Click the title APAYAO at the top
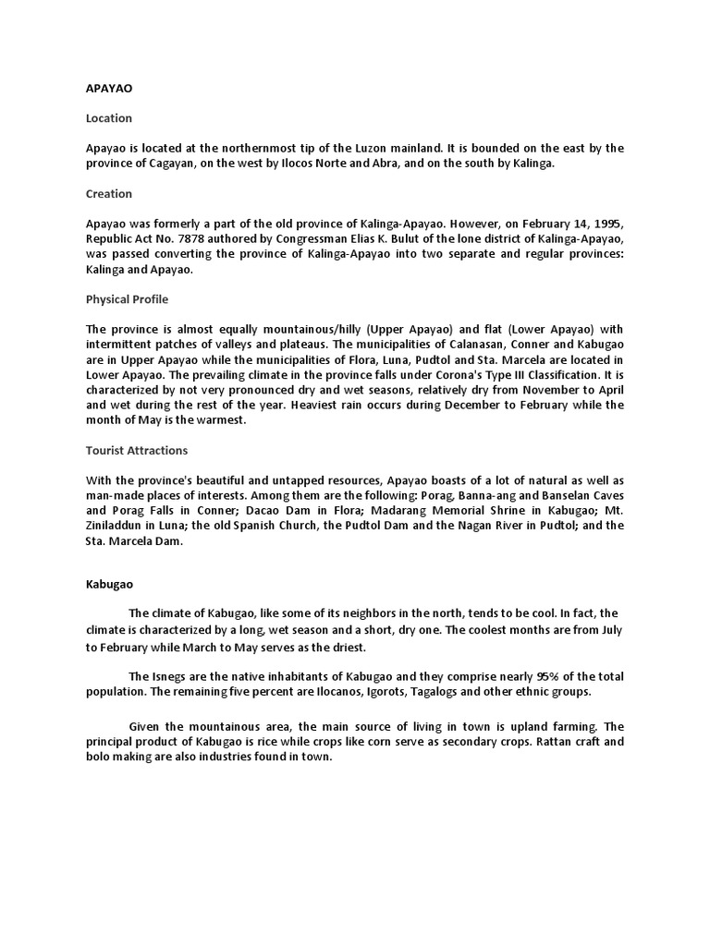click(109, 89)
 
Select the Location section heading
click(109, 118)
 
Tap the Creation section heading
click(109, 194)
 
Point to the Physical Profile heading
click(127, 299)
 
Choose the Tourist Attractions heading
click(137, 450)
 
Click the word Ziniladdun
click(117, 526)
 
